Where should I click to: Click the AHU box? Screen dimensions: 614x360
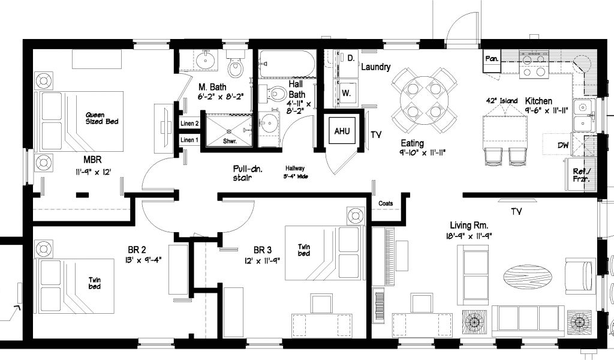pos(342,131)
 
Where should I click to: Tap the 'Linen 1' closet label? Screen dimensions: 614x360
pos(189,140)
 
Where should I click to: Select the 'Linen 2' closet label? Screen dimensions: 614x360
pos(189,124)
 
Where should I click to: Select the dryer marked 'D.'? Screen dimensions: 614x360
pos(345,63)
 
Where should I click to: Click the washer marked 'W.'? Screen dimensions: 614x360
pos(345,93)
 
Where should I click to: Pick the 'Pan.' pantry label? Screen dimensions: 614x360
pos(492,59)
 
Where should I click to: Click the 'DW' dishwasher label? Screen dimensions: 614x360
pos(563,145)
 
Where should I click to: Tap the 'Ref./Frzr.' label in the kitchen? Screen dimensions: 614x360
pos(581,175)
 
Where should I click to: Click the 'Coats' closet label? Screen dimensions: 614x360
pos(386,203)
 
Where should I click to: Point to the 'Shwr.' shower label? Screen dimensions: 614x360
pos(230,141)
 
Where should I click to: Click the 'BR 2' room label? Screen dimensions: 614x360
pos(137,250)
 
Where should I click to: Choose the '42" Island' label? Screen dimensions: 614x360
pos(502,101)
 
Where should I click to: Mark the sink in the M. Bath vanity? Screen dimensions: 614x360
pos(204,61)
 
